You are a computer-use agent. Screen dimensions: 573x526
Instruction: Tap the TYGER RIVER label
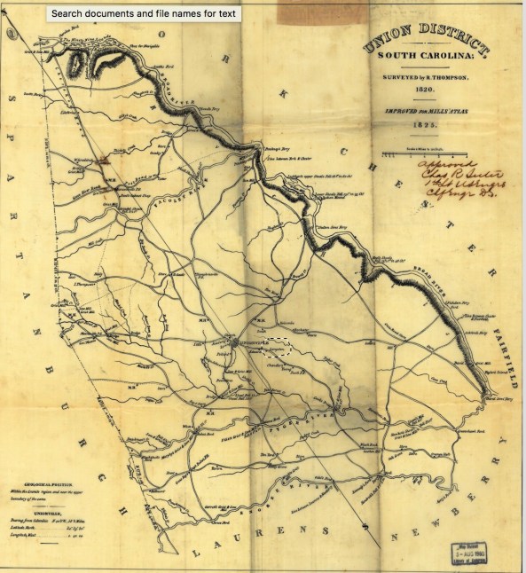[293, 414]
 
